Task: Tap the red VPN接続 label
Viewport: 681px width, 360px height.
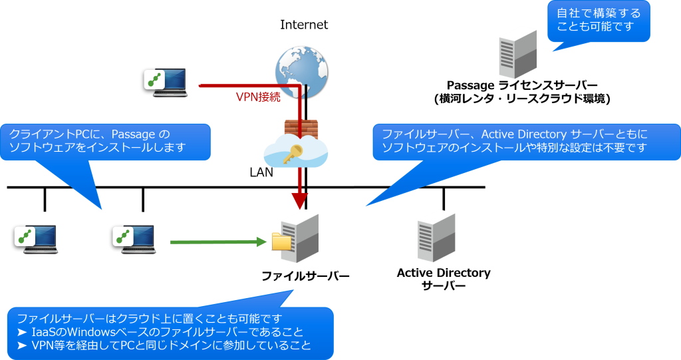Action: [258, 96]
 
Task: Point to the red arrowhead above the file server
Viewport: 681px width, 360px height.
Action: [301, 200]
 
